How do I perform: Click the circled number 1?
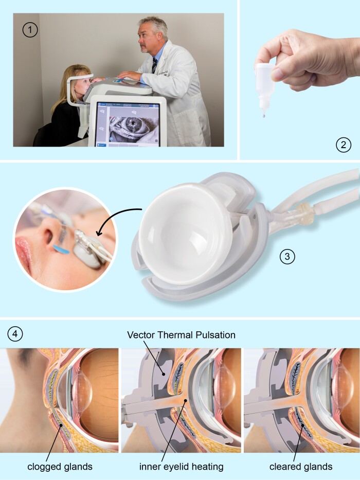pyautogui.click(x=30, y=30)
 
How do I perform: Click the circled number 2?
pyautogui.click(x=344, y=145)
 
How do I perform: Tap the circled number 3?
pyautogui.click(x=287, y=257)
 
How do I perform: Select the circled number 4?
pyautogui.click(x=15, y=334)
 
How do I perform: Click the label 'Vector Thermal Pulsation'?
pyautogui.click(x=181, y=335)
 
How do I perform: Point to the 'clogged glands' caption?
pyautogui.click(x=60, y=467)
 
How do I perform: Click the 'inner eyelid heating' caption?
pyautogui.click(x=181, y=467)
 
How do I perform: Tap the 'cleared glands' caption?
pyautogui.click(x=301, y=467)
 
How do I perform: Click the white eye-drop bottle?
pyautogui.click(x=264, y=86)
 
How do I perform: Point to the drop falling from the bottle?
pyautogui.click(x=264, y=116)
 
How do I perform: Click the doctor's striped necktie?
pyautogui.click(x=154, y=65)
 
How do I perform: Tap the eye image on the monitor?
pyautogui.click(x=133, y=126)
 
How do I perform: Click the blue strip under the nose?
pyautogui.click(x=61, y=250)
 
